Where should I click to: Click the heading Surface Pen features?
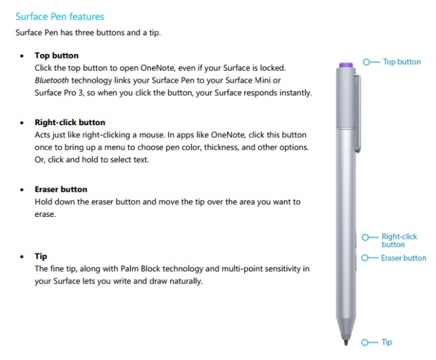tap(60, 17)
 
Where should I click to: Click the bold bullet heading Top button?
tap(56, 56)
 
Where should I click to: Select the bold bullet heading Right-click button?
tap(70, 123)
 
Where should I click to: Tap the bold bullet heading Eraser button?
tap(61, 189)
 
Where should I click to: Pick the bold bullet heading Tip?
tap(41, 257)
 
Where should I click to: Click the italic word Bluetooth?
tap(52, 80)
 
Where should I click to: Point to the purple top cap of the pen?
tap(347, 65)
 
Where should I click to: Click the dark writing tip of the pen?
tap(347, 342)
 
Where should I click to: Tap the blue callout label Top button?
tap(402, 62)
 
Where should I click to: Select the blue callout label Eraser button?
tap(404, 258)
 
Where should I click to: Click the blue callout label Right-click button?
tap(399, 240)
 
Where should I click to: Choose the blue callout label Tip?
tap(387, 342)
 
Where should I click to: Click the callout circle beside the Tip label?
tap(365, 342)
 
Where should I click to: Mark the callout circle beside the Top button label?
tap(366, 62)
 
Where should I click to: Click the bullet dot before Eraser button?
tap(22, 190)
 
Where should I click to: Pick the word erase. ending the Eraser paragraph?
tap(45, 214)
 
